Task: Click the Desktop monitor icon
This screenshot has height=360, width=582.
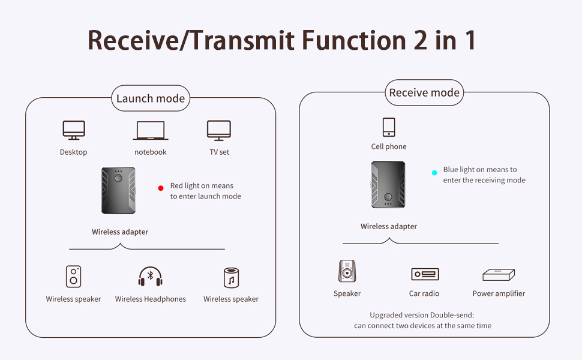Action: click(x=73, y=130)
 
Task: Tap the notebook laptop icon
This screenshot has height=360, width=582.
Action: click(x=151, y=130)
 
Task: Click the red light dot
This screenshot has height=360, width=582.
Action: click(x=161, y=188)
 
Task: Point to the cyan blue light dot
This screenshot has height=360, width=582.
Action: click(x=434, y=173)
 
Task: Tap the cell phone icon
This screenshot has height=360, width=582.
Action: click(x=389, y=127)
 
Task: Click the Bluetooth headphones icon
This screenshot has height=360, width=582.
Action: click(x=151, y=277)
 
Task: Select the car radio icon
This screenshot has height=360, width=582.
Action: click(x=425, y=274)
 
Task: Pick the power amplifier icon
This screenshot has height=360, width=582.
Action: click(x=499, y=275)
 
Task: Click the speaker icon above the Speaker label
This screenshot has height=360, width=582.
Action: click(x=347, y=271)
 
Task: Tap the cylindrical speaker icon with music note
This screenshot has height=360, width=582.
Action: click(x=231, y=278)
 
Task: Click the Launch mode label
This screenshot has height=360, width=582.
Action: click(x=151, y=98)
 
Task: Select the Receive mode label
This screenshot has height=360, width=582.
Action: click(x=424, y=92)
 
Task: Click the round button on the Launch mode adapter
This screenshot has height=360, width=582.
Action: click(x=118, y=178)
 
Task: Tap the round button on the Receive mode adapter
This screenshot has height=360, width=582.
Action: click(x=388, y=197)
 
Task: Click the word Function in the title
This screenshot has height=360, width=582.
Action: click(x=354, y=40)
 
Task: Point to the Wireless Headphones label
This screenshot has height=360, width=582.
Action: click(x=151, y=299)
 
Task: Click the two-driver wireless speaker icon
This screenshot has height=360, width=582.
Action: click(x=73, y=277)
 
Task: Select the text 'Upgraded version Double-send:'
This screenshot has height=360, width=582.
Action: click(x=422, y=315)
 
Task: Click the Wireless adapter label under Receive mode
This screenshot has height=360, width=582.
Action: click(x=389, y=226)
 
